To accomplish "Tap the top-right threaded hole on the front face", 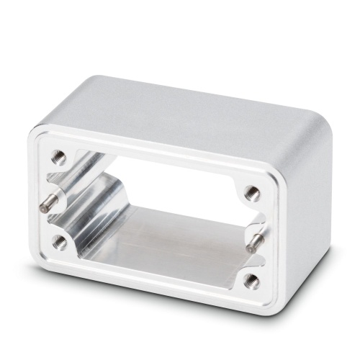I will [251, 192].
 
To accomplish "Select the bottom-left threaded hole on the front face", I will [61, 240].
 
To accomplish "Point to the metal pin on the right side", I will [256, 240].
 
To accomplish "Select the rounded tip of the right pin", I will [248, 248].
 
